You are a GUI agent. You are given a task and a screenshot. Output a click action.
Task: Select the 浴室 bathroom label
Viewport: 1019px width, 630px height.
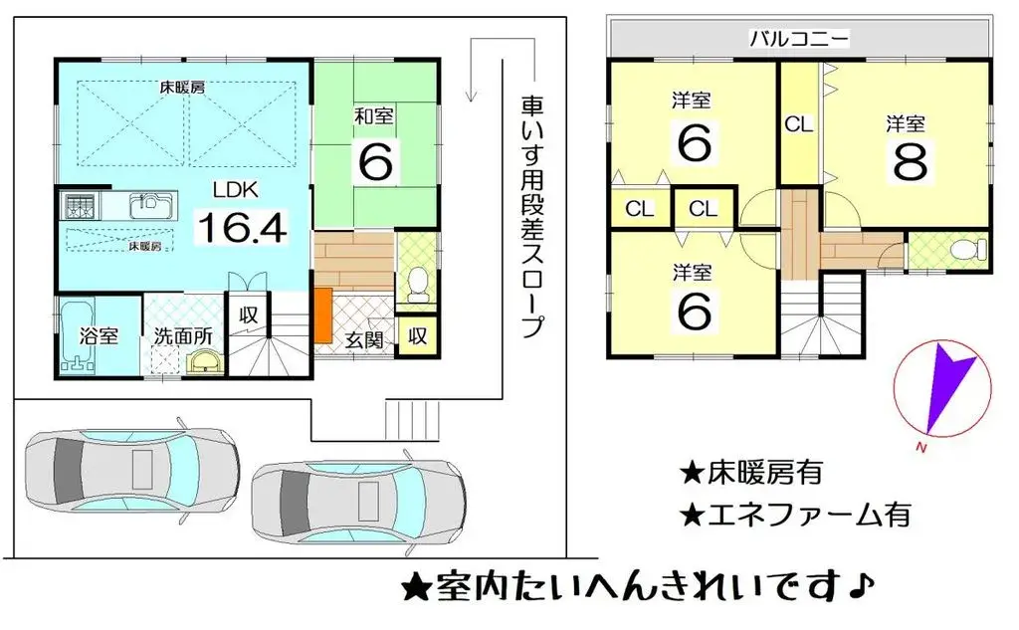[99, 335]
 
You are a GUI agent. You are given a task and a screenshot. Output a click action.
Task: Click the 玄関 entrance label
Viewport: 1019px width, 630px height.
[365, 337]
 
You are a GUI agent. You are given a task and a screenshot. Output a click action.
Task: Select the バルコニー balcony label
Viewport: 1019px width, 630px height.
[799, 40]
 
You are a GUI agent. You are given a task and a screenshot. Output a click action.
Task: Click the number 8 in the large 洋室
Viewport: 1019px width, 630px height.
[909, 162]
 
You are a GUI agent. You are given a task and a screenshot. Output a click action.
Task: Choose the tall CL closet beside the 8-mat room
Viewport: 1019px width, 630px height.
[799, 125]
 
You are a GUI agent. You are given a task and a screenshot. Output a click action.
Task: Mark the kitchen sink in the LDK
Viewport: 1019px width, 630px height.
[150, 207]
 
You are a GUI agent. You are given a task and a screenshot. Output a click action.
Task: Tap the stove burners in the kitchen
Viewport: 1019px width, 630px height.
[79, 207]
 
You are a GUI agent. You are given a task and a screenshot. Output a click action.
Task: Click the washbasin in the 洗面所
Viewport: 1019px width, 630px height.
[205, 361]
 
